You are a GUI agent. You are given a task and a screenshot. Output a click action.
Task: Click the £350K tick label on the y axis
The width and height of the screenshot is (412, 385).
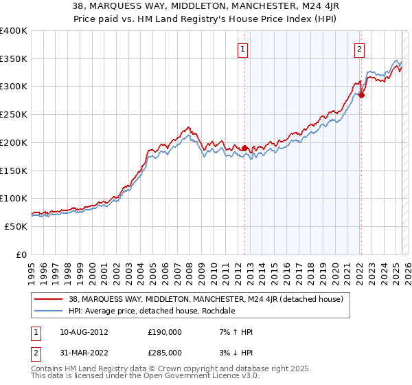pos(14,59)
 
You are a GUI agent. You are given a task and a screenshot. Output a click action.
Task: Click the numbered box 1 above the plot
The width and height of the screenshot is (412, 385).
pos(244,49)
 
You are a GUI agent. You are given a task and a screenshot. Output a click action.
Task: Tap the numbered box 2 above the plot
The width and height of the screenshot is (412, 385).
pos(360,49)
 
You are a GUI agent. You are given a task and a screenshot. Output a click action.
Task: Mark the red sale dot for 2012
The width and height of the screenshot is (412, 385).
pos(244,148)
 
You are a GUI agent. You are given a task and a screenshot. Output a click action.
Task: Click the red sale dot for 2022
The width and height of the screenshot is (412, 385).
pos(361,95)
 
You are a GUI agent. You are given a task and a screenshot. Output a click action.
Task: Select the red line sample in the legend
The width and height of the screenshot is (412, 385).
pos(48,299)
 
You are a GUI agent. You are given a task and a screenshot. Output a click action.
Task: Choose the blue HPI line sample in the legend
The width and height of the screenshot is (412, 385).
pos(48,311)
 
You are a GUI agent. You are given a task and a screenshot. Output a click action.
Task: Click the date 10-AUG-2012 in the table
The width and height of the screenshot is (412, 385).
pos(79,332)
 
